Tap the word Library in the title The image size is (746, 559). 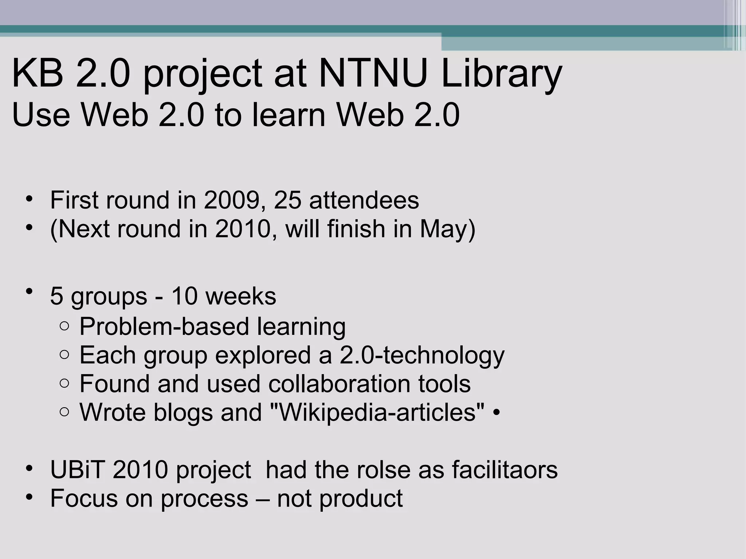502,76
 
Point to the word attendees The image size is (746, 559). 364,200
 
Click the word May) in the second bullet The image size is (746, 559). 447,229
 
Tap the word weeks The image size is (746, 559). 241,296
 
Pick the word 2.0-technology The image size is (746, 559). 422,356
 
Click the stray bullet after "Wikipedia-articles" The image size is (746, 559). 496,413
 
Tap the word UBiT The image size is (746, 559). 78,469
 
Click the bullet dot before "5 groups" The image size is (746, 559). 29,291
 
